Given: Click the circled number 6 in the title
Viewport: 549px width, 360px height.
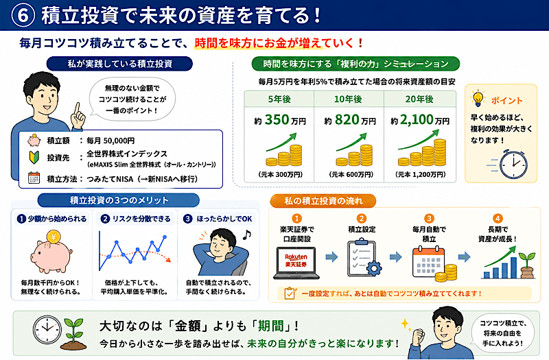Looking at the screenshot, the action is [23, 16].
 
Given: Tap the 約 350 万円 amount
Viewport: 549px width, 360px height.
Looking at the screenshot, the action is [280, 120].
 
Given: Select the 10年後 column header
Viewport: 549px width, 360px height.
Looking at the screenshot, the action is [348, 99].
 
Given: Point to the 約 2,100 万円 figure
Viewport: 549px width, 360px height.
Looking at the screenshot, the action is [420, 120].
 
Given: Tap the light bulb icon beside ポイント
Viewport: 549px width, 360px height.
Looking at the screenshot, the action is [478, 98].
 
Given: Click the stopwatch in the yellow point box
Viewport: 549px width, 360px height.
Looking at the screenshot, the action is [513, 164].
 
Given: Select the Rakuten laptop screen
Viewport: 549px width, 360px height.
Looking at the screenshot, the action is [296, 261].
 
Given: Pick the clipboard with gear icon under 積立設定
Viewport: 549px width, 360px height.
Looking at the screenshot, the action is [364, 258].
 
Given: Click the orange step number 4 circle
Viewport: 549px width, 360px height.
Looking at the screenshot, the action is [498, 218].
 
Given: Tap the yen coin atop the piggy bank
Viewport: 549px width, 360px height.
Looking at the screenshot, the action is [54, 237].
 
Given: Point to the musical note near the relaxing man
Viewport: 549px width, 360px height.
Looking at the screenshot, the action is [247, 235].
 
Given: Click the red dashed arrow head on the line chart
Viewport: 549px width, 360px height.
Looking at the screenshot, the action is [168, 260].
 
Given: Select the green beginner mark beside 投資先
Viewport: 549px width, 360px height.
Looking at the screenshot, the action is [34, 157].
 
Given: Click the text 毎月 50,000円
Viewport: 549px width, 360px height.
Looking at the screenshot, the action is [110, 141].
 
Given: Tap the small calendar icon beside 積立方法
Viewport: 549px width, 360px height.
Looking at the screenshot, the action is [34, 178].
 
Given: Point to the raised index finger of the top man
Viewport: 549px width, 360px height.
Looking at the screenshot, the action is [77, 110].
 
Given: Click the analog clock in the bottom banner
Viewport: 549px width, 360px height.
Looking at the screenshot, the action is [47, 330].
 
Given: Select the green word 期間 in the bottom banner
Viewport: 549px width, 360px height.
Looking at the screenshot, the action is [270, 326].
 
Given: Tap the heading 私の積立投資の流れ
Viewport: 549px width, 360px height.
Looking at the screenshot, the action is [323, 201].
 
